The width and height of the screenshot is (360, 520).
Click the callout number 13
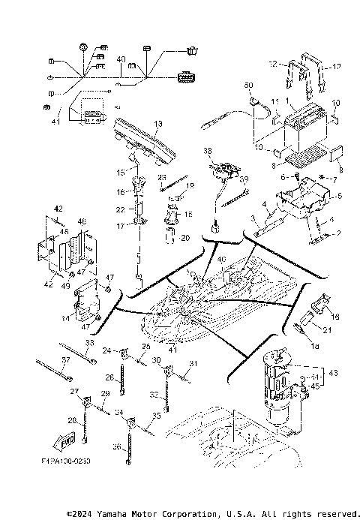pos(158,123)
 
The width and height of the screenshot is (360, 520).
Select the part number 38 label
pos(208,150)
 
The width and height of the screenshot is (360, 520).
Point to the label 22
pos(121,209)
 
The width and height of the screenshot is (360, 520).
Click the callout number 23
pos(161,177)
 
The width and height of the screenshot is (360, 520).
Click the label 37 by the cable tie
pos(65,360)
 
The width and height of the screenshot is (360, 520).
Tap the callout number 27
pos(74,392)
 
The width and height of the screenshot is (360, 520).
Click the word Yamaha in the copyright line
pos(133,513)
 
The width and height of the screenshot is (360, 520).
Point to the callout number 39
pos(243,179)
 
